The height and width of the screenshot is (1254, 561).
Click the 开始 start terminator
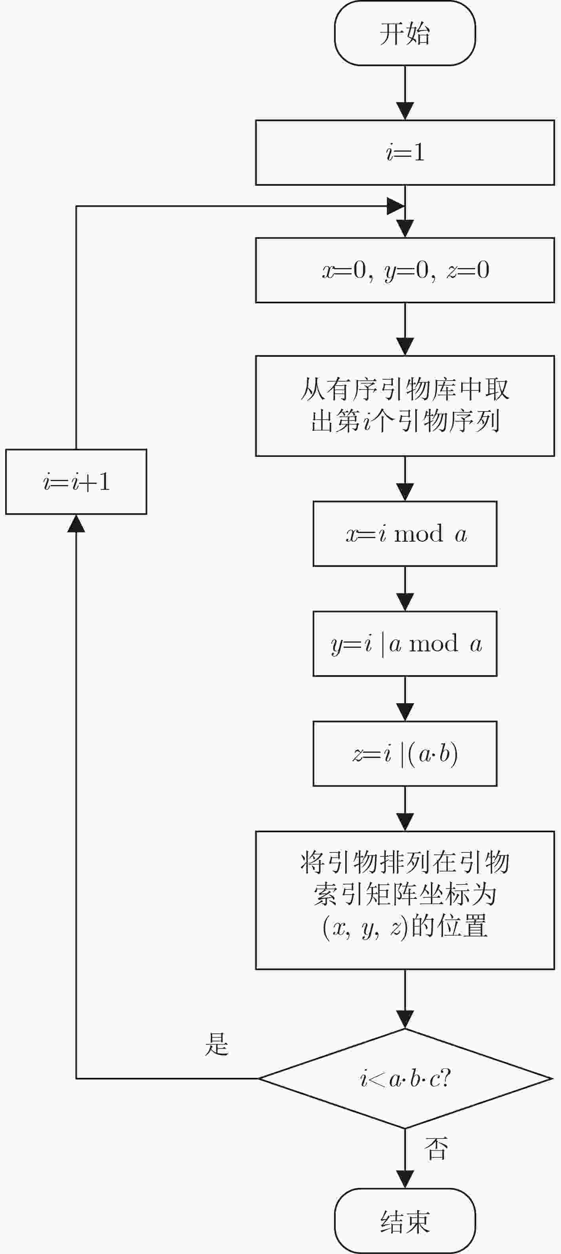click(405, 33)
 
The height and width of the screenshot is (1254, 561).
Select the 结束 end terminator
click(405, 1221)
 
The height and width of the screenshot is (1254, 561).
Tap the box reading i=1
click(405, 152)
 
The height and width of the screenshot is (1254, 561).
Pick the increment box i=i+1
click(76, 481)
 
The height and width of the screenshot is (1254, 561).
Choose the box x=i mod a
click(405, 533)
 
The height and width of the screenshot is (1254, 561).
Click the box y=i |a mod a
click(405, 643)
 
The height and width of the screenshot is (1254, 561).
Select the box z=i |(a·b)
click(405, 754)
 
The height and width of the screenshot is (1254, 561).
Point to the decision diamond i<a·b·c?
click(405, 1078)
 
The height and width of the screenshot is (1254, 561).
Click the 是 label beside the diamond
click(217, 1044)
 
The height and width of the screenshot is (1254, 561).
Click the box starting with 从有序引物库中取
click(405, 406)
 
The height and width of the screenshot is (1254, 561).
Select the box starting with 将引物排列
click(405, 900)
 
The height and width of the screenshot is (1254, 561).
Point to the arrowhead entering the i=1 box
click(405, 111)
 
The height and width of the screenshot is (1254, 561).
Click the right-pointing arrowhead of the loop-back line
click(396, 206)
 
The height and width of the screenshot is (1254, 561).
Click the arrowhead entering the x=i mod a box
click(405, 492)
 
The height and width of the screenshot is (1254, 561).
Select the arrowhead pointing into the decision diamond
click(405, 1019)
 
